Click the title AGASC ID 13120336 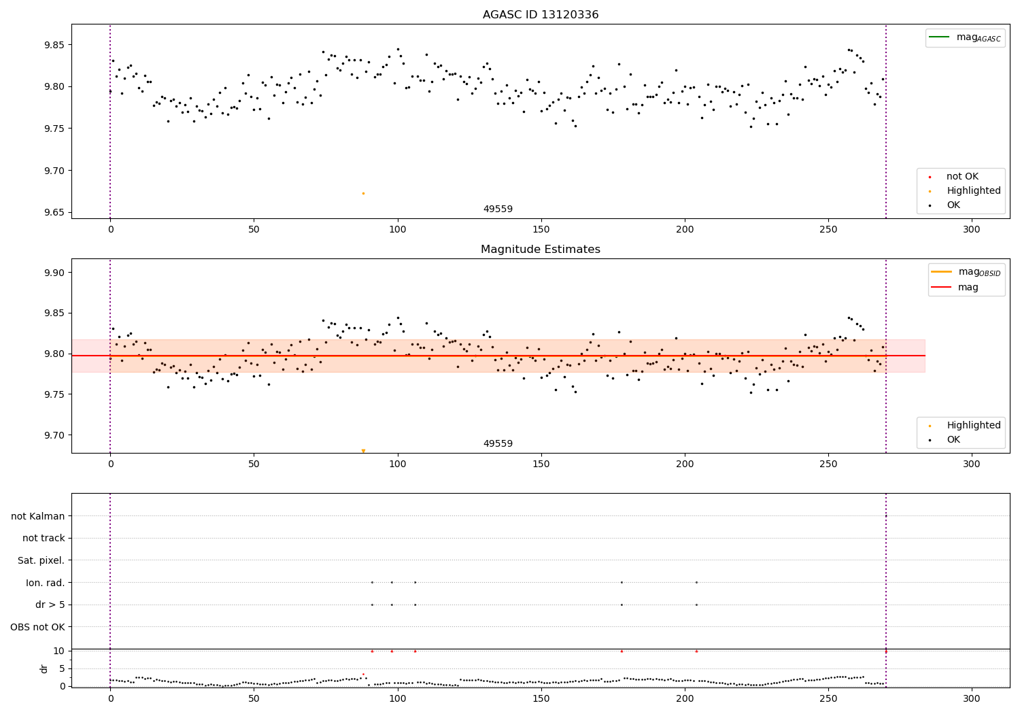click(x=540, y=15)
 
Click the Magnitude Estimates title click(x=540, y=250)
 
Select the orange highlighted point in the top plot click(x=363, y=194)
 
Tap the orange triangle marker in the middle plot click(x=363, y=451)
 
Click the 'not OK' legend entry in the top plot click(x=962, y=177)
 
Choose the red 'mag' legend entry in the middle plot click(x=968, y=288)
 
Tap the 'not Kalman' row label click(x=38, y=517)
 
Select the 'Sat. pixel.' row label click(x=41, y=561)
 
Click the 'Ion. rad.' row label click(x=45, y=583)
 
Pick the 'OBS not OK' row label click(x=37, y=627)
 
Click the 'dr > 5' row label click(x=50, y=605)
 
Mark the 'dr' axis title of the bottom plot click(x=44, y=668)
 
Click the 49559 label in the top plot click(x=498, y=209)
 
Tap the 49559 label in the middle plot click(x=498, y=444)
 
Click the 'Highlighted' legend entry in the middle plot click(x=973, y=426)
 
